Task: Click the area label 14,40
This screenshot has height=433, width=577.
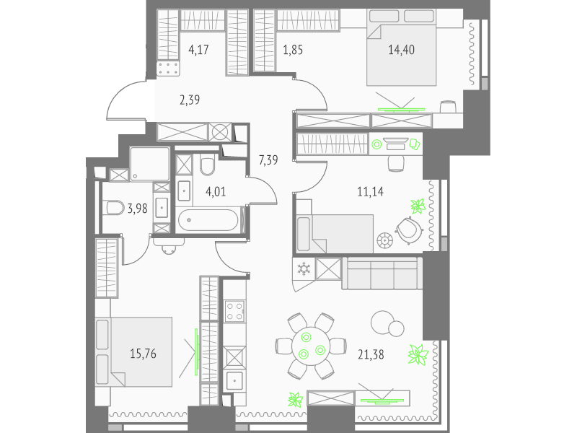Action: pyautogui.click(x=401, y=49)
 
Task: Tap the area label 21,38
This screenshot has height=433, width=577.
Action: pyautogui.click(x=371, y=354)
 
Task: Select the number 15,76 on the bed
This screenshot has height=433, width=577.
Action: pyautogui.click(x=143, y=354)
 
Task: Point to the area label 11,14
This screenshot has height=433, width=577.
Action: pyautogui.click(x=370, y=191)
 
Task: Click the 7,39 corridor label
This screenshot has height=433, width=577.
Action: pyautogui.click(x=268, y=160)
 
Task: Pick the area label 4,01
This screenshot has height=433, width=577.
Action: pyautogui.click(x=216, y=192)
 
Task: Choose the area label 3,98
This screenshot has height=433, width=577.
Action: pyautogui.click(x=137, y=209)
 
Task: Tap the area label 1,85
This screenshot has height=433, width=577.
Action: pyautogui.click(x=293, y=49)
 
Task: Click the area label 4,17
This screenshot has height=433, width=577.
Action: pyautogui.click(x=199, y=49)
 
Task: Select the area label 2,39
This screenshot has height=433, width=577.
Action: pyautogui.click(x=190, y=100)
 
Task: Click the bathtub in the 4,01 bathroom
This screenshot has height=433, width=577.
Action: pyautogui.click(x=208, y=220)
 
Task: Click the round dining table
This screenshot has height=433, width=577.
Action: pyautogui.click(x=312, y=346)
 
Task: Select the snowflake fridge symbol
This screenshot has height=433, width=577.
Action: pyautogui.click(x=304, y=268)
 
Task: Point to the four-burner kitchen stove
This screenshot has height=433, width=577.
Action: pyautogui.click(x=234, y=311)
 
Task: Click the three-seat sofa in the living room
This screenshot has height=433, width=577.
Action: pyautogui.click(x=382, y=274)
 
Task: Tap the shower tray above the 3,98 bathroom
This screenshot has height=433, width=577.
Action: pyautogui.click(x=150, y=165)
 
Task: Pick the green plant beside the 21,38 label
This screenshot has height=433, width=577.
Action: pyautogui.click(x=418, y=354)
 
